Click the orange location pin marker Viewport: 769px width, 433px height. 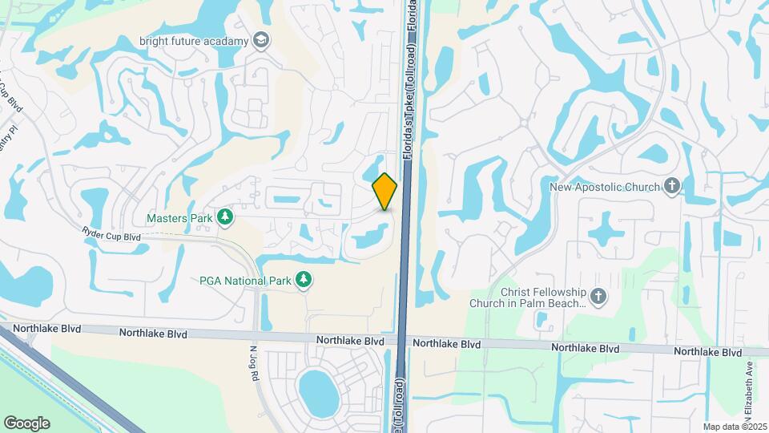click(385, 191)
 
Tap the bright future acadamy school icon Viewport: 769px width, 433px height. click(260, 39)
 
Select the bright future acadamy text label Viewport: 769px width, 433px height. click(195, 40)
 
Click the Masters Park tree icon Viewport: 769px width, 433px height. click(227, 217)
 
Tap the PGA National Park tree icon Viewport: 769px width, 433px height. click(304, 279)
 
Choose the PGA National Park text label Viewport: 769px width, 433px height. click(245, 280)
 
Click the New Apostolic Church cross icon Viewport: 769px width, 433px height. click(672, 187)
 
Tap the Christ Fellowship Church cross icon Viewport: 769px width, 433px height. click(599, 298)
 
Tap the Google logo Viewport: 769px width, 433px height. click(26, 423)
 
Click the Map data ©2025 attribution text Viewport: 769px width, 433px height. click(735, 426)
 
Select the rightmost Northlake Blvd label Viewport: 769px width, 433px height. click(707, 352)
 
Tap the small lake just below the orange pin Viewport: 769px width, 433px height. click(369, 237)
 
